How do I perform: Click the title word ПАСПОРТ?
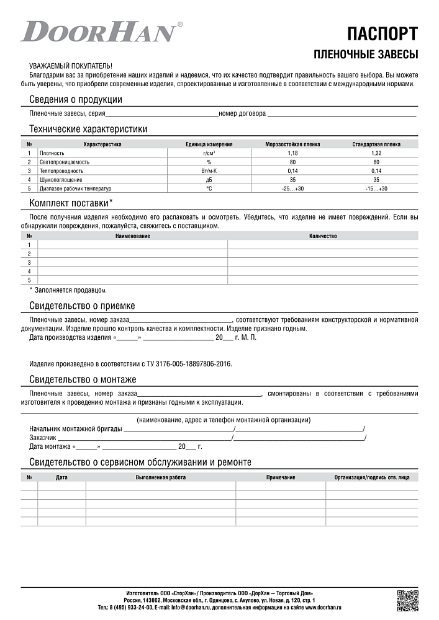pyautogui.click(x=382, y=33)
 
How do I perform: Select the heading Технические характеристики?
pyautogui.click(x=88, y=130)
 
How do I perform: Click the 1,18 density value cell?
pyautogui.click(x=292, y=153)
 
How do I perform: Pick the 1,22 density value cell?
pyautogui.click(x=376, y=153)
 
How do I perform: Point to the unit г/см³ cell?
pyautogui.click(x=209, y=153)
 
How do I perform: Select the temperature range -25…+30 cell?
pyautogui.click(x=292, y=188)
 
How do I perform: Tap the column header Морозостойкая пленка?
pyautogui.click(x=292, y=144)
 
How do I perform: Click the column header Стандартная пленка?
pyautogui.click(x=376, y=144)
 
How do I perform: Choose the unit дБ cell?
pyautogui.click(x=209, y=179)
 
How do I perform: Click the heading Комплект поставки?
pyautogui.click(x=71, y=203)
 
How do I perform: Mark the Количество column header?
pyautogui.click(x=322, y=236)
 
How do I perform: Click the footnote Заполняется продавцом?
pyautogui.click(x=68, y=290)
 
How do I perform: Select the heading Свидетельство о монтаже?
pyautogui.click(x=83, y=379)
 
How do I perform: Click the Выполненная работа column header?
pyautogui.click(x=160, y=477)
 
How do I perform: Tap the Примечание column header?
pyautogui.click(x=281, y=477)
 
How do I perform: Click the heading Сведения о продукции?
pyautogui.click(x=76, y=100)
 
